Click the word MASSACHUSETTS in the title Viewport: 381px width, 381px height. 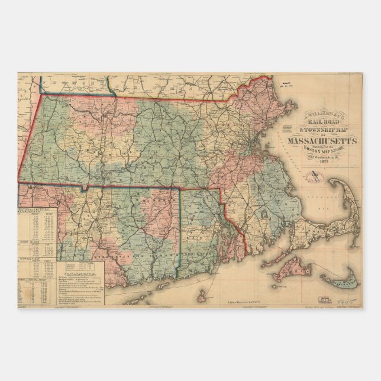tap(322, 141)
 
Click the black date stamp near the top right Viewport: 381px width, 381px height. tap(287, 83)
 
